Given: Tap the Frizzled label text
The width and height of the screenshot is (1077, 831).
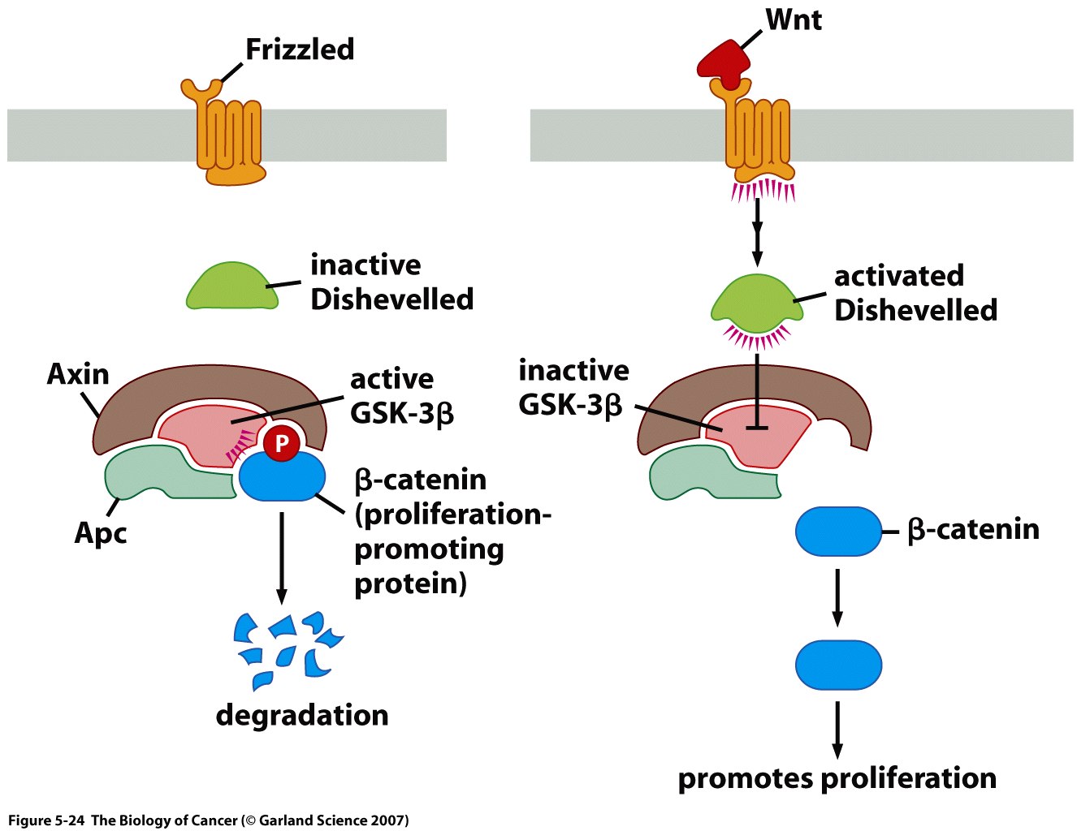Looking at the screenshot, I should pyautogui.click(x=300, y=50).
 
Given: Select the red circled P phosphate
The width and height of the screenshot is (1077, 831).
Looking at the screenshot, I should pyautogui.click(x=282, y=443).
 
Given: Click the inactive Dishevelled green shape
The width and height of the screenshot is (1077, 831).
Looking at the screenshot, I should pyautogui.click(x=231, y=289).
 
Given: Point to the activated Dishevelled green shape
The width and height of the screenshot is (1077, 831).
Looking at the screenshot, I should pyautogui.click(x=756, y=304).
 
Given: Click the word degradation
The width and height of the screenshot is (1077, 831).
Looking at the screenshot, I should pyautogui.click(x=302, y=716).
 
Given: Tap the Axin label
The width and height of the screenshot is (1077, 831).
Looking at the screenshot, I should pyautogui.click(x=78, y=374).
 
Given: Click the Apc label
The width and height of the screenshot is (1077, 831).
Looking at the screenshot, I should pyautogui.click(x=101, y=533).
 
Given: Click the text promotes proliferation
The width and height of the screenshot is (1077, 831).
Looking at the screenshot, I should pyautogui.click(x=837, y=778).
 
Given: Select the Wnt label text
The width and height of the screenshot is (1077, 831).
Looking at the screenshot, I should pyautogui.click(x=794, y=19).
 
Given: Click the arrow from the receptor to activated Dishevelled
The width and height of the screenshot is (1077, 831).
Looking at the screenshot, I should pyautogui.click(x=757, y=231).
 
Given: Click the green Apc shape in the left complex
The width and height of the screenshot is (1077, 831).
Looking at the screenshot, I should pyautogui.click(x=162, y=474).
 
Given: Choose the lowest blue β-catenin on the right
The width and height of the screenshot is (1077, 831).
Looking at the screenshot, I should pyautogui.click(x=837, y=665).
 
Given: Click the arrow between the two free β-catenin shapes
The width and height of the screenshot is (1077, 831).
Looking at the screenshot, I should pyautogui.click(x=837, y=597).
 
